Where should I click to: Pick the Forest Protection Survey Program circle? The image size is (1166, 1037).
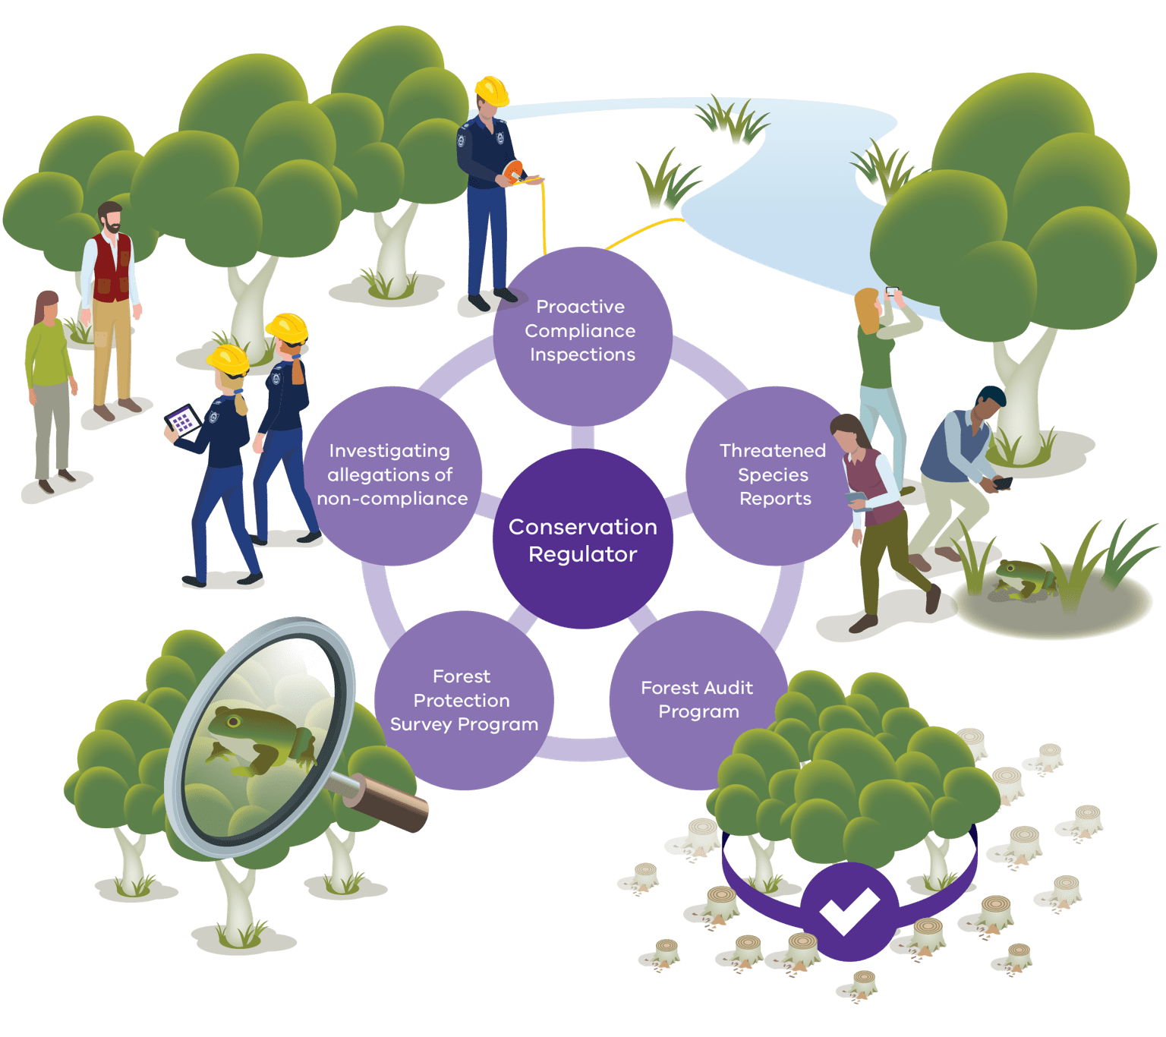[463, 700]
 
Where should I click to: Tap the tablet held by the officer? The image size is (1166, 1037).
[182, 421]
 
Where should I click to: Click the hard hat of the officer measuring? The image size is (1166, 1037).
[492, 90]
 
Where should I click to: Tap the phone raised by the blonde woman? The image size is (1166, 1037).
[892, 291]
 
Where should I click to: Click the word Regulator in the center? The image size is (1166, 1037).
[582, 554]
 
